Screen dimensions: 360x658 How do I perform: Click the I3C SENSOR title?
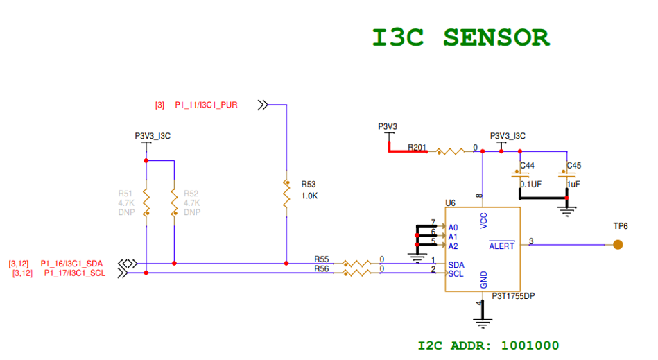tap(461, 37)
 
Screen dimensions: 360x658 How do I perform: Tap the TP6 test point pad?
tap(617, 244)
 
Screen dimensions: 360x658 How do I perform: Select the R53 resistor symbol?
tap(286, 196)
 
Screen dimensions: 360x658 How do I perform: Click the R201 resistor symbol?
tap(451, 151)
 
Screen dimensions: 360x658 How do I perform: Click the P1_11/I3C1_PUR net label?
tap(206, 105)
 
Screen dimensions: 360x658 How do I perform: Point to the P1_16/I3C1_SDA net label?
tap(71, 264)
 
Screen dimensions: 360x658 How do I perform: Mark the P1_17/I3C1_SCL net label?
tap(75, 273)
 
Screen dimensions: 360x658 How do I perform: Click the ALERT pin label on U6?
tap(502, 246)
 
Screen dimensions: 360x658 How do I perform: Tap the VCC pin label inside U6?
tap(483, 220)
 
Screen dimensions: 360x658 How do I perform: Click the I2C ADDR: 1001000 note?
tap(488, 345)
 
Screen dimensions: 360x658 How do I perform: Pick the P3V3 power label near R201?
tap(388, 126)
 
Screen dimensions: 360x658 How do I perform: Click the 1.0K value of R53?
tap(309, 196)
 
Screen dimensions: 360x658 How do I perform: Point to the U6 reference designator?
tap(450, 203)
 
